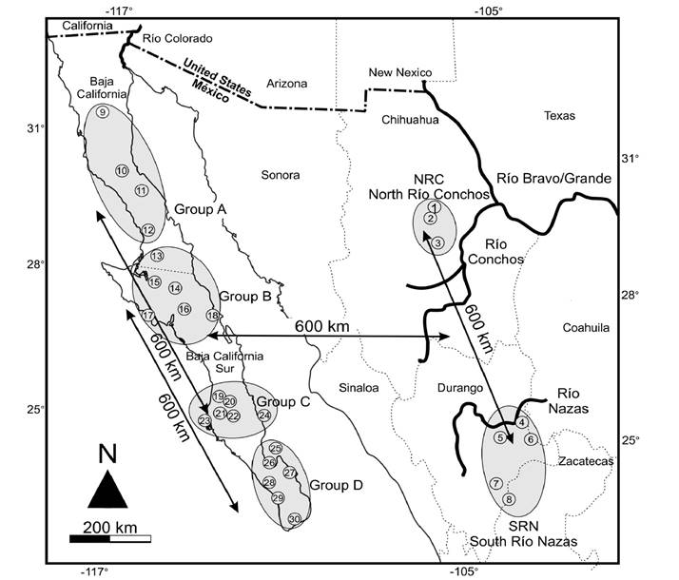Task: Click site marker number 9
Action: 102,113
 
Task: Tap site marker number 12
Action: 147,230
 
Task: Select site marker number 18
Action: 213,316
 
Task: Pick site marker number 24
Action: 264,415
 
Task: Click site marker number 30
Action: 294,518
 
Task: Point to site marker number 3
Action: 437,243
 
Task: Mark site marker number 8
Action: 509,500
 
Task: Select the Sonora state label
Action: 280,175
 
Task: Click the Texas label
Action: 560,115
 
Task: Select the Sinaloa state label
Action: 359,388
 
